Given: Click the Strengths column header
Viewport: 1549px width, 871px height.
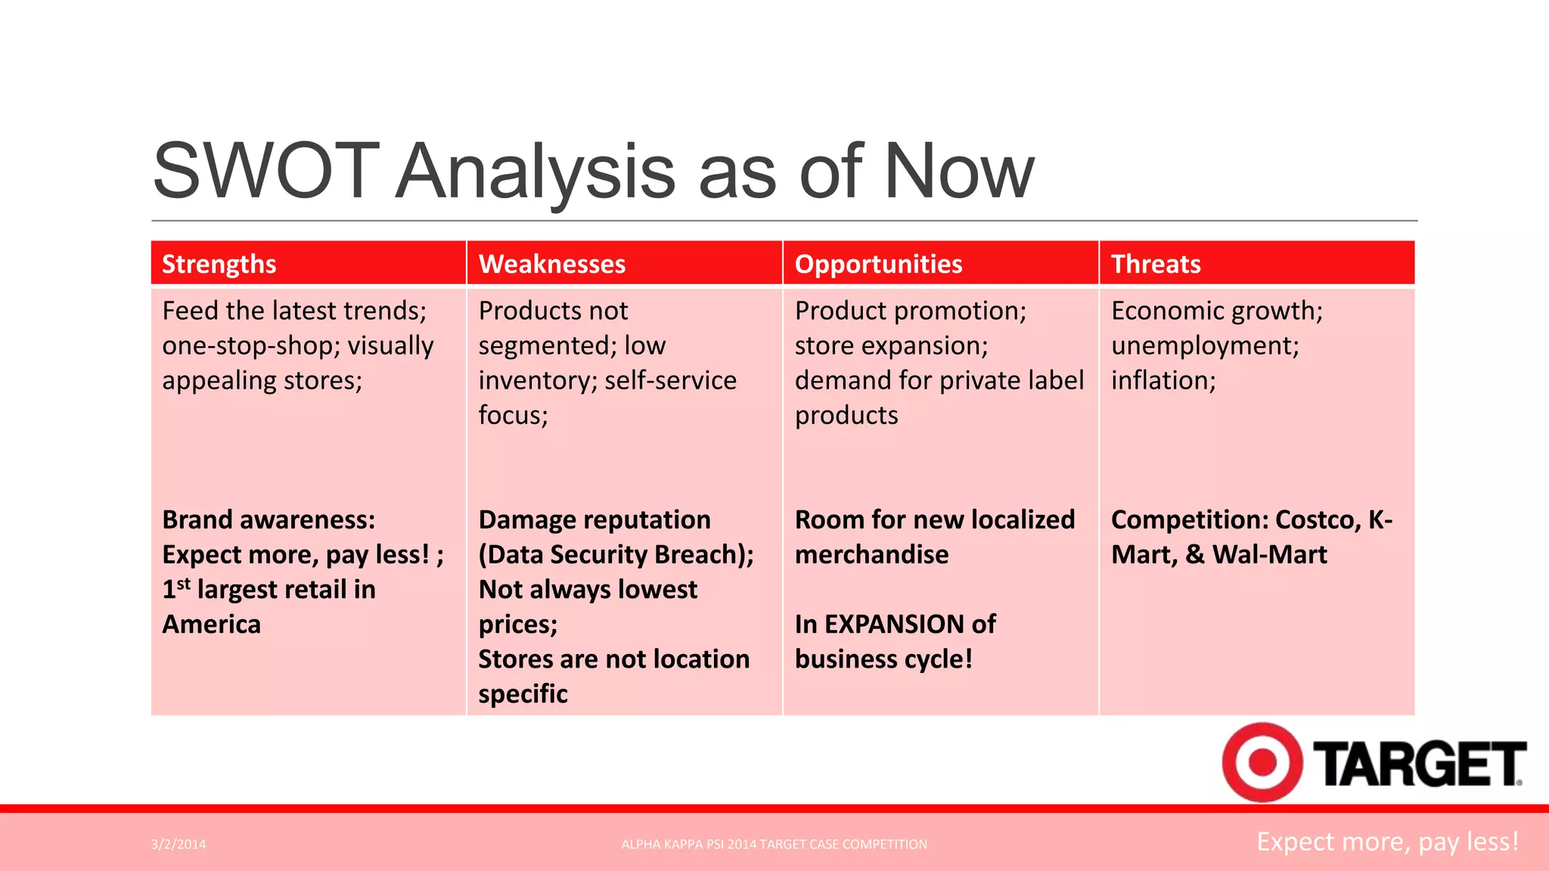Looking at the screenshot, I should tap(219, 264).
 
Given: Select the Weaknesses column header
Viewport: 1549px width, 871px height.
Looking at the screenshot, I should tap(552, 264).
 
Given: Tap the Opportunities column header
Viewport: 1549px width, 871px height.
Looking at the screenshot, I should tap(878, 264).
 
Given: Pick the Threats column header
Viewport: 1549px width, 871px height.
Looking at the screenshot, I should tap(1156, 264).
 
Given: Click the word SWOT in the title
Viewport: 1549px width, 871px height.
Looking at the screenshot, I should tap(265, 172).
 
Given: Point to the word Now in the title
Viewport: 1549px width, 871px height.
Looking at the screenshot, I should tap(958, 172).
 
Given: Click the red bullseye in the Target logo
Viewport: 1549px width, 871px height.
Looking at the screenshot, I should tap(1262, 761).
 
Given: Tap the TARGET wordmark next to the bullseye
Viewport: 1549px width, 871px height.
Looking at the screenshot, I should tap(1420, 764).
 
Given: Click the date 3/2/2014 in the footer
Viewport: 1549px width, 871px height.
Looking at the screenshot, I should tap(178, 845).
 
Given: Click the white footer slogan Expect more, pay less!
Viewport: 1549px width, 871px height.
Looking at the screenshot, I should tap(1388, 842).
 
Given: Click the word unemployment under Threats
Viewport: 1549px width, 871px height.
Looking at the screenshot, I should tap(1204, 346).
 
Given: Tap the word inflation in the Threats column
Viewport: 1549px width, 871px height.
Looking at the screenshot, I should tap(1162, 380).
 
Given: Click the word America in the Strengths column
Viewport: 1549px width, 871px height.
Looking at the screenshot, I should tap(212, 625).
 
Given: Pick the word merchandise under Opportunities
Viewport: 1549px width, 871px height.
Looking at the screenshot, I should tap(871, 555).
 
